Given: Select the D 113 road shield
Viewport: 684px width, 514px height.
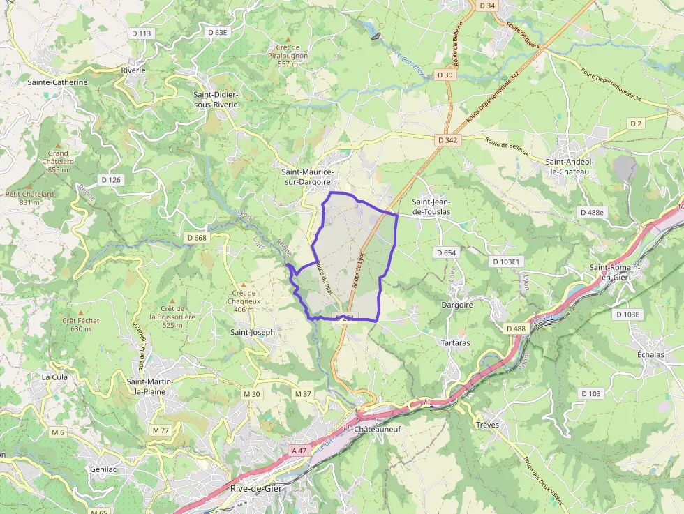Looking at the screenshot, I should (141, 33).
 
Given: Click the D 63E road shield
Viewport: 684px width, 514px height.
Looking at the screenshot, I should (218, 32).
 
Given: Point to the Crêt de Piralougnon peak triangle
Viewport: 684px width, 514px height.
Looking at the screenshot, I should (288, 39).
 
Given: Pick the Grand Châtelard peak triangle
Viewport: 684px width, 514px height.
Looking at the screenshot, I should (58, 144).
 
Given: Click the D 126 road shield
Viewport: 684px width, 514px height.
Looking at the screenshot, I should (111, 180).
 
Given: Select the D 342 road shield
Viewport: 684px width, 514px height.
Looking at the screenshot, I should (447, 140).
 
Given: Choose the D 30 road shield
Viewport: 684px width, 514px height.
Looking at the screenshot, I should (445, 75).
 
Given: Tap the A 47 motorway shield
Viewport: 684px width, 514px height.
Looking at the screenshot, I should (299, 451).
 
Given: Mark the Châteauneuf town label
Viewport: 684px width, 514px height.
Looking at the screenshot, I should (378, 430).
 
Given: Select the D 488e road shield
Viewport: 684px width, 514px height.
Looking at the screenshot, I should (593, 212).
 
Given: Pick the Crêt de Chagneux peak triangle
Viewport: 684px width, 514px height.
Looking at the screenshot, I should (244, 285).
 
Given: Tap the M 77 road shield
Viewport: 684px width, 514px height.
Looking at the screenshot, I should (161, 430).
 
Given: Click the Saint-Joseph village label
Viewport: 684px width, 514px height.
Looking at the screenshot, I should (253, 332).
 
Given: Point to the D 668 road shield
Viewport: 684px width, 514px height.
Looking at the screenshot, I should (197, 238).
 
